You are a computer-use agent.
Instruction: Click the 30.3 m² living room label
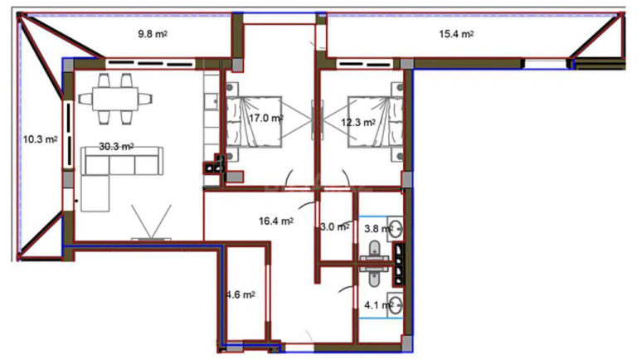pyautogui.click(x=116, y=146)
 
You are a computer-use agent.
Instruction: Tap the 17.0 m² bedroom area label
pyautogui.click(x=266, y=119)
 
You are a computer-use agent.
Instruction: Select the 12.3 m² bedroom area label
pyautogui.click(x=358, y=122)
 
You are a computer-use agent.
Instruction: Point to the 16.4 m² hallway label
pyautogui.click(x=276, y=221)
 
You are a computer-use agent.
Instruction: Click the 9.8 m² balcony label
pyautogui.click(x=153, y=34)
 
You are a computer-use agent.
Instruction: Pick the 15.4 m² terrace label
pyautogui.click(x=456, y=34)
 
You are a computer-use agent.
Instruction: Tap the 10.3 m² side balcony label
pyautogui.click(x=40, y=139)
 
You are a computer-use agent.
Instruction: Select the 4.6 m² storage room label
pyautogui.click(x=241, y=294)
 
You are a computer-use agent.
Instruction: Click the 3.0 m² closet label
pyautogui.click(x=334, y=226)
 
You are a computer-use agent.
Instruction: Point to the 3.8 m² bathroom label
pyautogui.click(x=378, y=229)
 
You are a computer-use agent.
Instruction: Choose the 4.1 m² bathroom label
pyautogui.click(x=378, y=304)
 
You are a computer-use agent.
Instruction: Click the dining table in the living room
pyautogui.click(x=115, y=100)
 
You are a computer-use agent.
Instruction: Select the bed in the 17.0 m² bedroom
pyautogui.click(x=254, y=121)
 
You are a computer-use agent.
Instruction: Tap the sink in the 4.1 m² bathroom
pyautogui.click(x=395, y=304)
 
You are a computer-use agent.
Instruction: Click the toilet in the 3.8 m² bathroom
pyautogui.click(x=375, y=251)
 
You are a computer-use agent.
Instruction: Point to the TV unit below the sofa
pyautogui.click(x=151, y=239)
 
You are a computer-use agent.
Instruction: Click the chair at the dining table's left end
pyautogui.click(x=85, y=99)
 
